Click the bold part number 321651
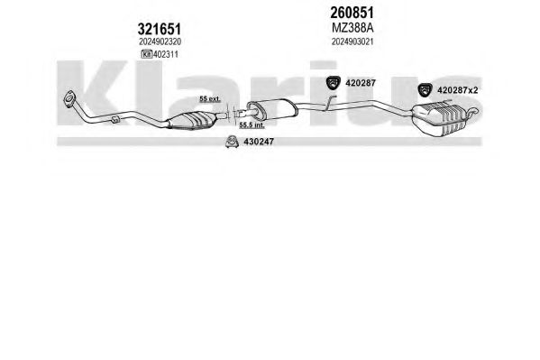[x=159, y=29]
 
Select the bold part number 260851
[x=352, y=13]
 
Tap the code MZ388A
[x=352, y=28]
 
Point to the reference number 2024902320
[x=160, y=42]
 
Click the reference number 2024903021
[x=352, y=42]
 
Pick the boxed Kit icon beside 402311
[x=147, y=54]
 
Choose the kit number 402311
[x=166, y=54]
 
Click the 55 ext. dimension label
[x=210, y=99]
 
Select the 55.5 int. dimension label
[x=252, y=125]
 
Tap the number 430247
[x=259, y=142]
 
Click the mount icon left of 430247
[x=232, y=142]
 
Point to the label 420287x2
[x=457, y=90]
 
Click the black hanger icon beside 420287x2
[x=425, y=90]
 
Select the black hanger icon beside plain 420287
[x=333, y=82]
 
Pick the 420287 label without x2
[x=361, y=83]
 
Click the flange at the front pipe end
[x=70, y=98]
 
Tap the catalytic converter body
[x=191, y=121]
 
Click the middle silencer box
[x=272, y=108]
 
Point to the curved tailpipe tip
[x=471, y=111]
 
